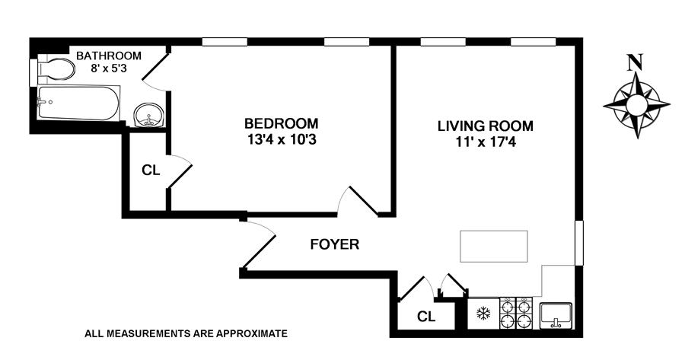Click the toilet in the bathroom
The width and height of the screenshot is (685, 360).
[56, 69]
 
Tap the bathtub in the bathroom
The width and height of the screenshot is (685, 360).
[78, 103]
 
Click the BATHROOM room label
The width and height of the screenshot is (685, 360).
[109, 56]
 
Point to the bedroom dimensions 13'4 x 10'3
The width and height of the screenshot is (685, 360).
[282, 139]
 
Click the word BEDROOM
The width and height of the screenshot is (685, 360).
[282, 123]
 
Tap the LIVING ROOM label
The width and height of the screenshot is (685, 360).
[486, 126]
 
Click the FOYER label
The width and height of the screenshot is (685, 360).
[335, 244]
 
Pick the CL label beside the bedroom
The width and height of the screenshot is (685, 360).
[151, 170]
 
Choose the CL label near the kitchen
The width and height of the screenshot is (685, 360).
[426, 317]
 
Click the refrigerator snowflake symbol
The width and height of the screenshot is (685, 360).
[483, 313]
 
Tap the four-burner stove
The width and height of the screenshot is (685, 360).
[516, 313]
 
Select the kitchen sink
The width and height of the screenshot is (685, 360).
[556, 315]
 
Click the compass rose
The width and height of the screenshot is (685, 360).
[636, 105]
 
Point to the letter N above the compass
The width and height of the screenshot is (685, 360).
[634, 62]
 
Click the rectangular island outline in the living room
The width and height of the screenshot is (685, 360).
[494, 247]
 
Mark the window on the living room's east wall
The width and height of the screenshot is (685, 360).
[579, 243]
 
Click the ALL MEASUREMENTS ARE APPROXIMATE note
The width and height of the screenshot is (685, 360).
[186, 334]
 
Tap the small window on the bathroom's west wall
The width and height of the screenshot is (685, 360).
[33, 72]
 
